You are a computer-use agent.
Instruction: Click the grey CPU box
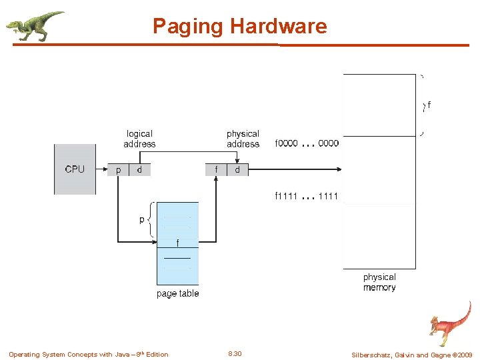click(x=75, y=169)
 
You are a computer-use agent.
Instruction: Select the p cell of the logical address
click(x=119, y=170)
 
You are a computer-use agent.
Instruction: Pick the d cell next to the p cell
click(x=139, y=170)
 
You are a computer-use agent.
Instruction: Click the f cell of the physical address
click(x=216, y=170)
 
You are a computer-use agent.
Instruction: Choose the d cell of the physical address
click(x=237, y=170)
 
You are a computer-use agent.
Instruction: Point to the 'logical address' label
click(x=139, y=139)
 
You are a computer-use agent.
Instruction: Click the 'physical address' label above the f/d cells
click(x=243, y=139)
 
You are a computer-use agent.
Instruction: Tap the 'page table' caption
click(x=177, y=293)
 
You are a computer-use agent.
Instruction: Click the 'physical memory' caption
click(x=379, y=282)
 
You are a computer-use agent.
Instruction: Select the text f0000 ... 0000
click(x=307, y=143)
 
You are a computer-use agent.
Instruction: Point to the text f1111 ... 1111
click(x=307, y=196)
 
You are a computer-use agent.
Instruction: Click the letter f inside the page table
click(x=177, y=243)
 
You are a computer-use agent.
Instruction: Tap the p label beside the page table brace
click(x=141, y=219)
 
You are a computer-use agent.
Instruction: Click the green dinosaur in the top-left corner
click(x=35, y=25)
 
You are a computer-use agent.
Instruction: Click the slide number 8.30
click(x=235, y=354)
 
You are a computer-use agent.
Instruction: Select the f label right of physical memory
click(x=429, y=105)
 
